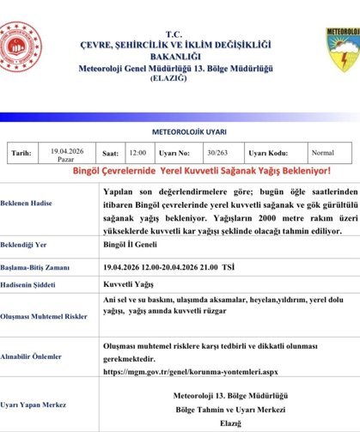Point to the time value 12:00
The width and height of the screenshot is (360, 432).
click(137, 153)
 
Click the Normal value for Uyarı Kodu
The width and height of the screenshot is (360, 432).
click(323, 152)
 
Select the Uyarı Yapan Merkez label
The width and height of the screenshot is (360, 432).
click(35, 404)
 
